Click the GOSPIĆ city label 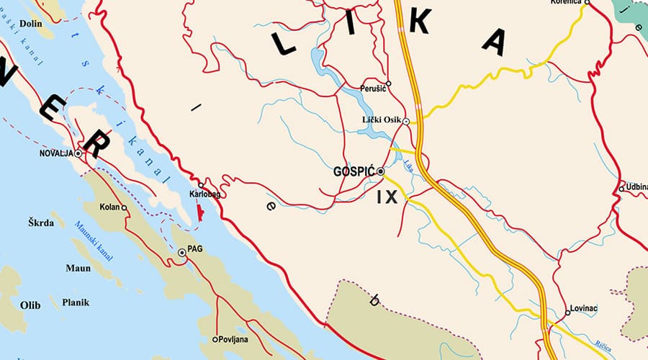point(355,172)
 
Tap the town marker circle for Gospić point(381,171)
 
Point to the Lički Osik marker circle point(406,122)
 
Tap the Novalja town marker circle point(78,154)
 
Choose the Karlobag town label point(204,195)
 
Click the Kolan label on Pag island point(109,207)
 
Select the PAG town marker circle point(182,253)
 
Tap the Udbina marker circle point(621,189)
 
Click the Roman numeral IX point(387,197)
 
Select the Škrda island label point(41,223)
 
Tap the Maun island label point(78,269)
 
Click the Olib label point(30,305)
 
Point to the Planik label point(76,303)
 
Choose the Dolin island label point(31,24)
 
